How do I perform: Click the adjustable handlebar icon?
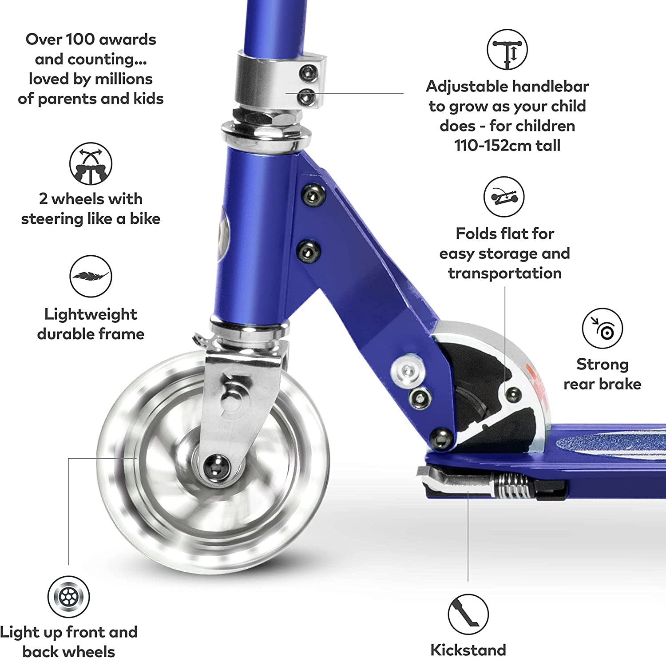point(507,50)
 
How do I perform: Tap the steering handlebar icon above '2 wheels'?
point(91,163)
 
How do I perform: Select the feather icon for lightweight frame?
point(91,276)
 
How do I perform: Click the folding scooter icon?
point(503,197)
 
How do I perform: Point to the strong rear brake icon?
point(602,329)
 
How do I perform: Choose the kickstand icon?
point(468,614)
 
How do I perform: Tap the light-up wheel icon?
point(69,597)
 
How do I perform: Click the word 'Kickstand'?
point(468,650)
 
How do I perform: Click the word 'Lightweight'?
point(91,314)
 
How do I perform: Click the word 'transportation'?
point(505,274)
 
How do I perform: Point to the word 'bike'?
point(145,219)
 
